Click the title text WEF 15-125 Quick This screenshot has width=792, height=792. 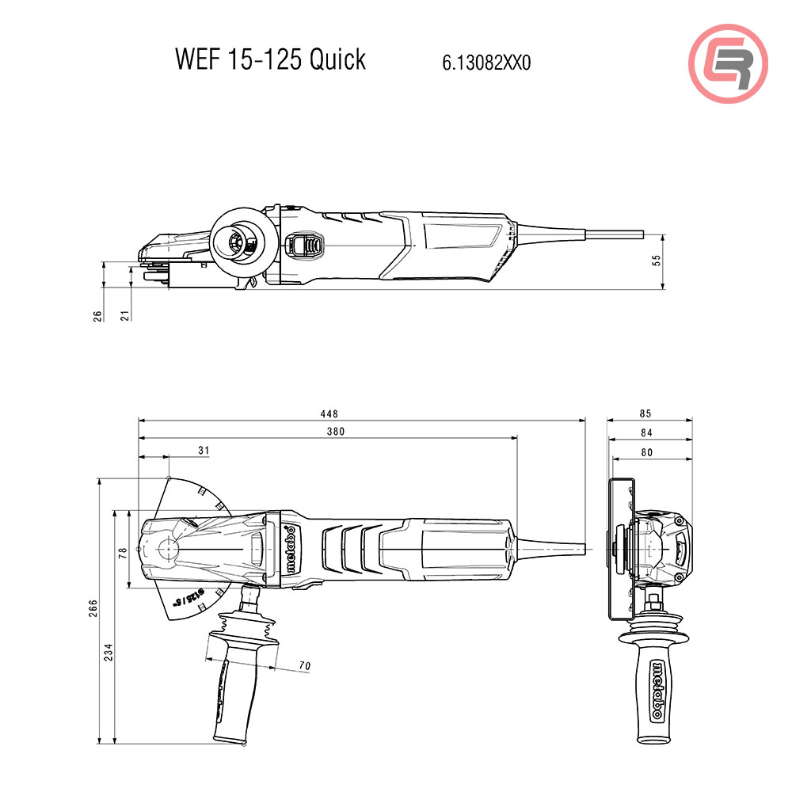pos(270,59)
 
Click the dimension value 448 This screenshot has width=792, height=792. pos(329,413)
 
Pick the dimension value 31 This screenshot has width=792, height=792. pos(204,450)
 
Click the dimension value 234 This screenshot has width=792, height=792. pos(109,651)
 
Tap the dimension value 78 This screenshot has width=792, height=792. pos(122,552)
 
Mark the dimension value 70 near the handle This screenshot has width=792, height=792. pos(305,666)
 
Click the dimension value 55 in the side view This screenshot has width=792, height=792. pos(656,261)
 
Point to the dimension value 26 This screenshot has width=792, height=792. pos(98,315)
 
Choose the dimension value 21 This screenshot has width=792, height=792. pos(125,315)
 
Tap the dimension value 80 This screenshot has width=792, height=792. pos(646,451)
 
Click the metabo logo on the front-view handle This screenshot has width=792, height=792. pos(657,688)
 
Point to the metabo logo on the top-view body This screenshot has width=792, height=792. pos(291,550)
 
